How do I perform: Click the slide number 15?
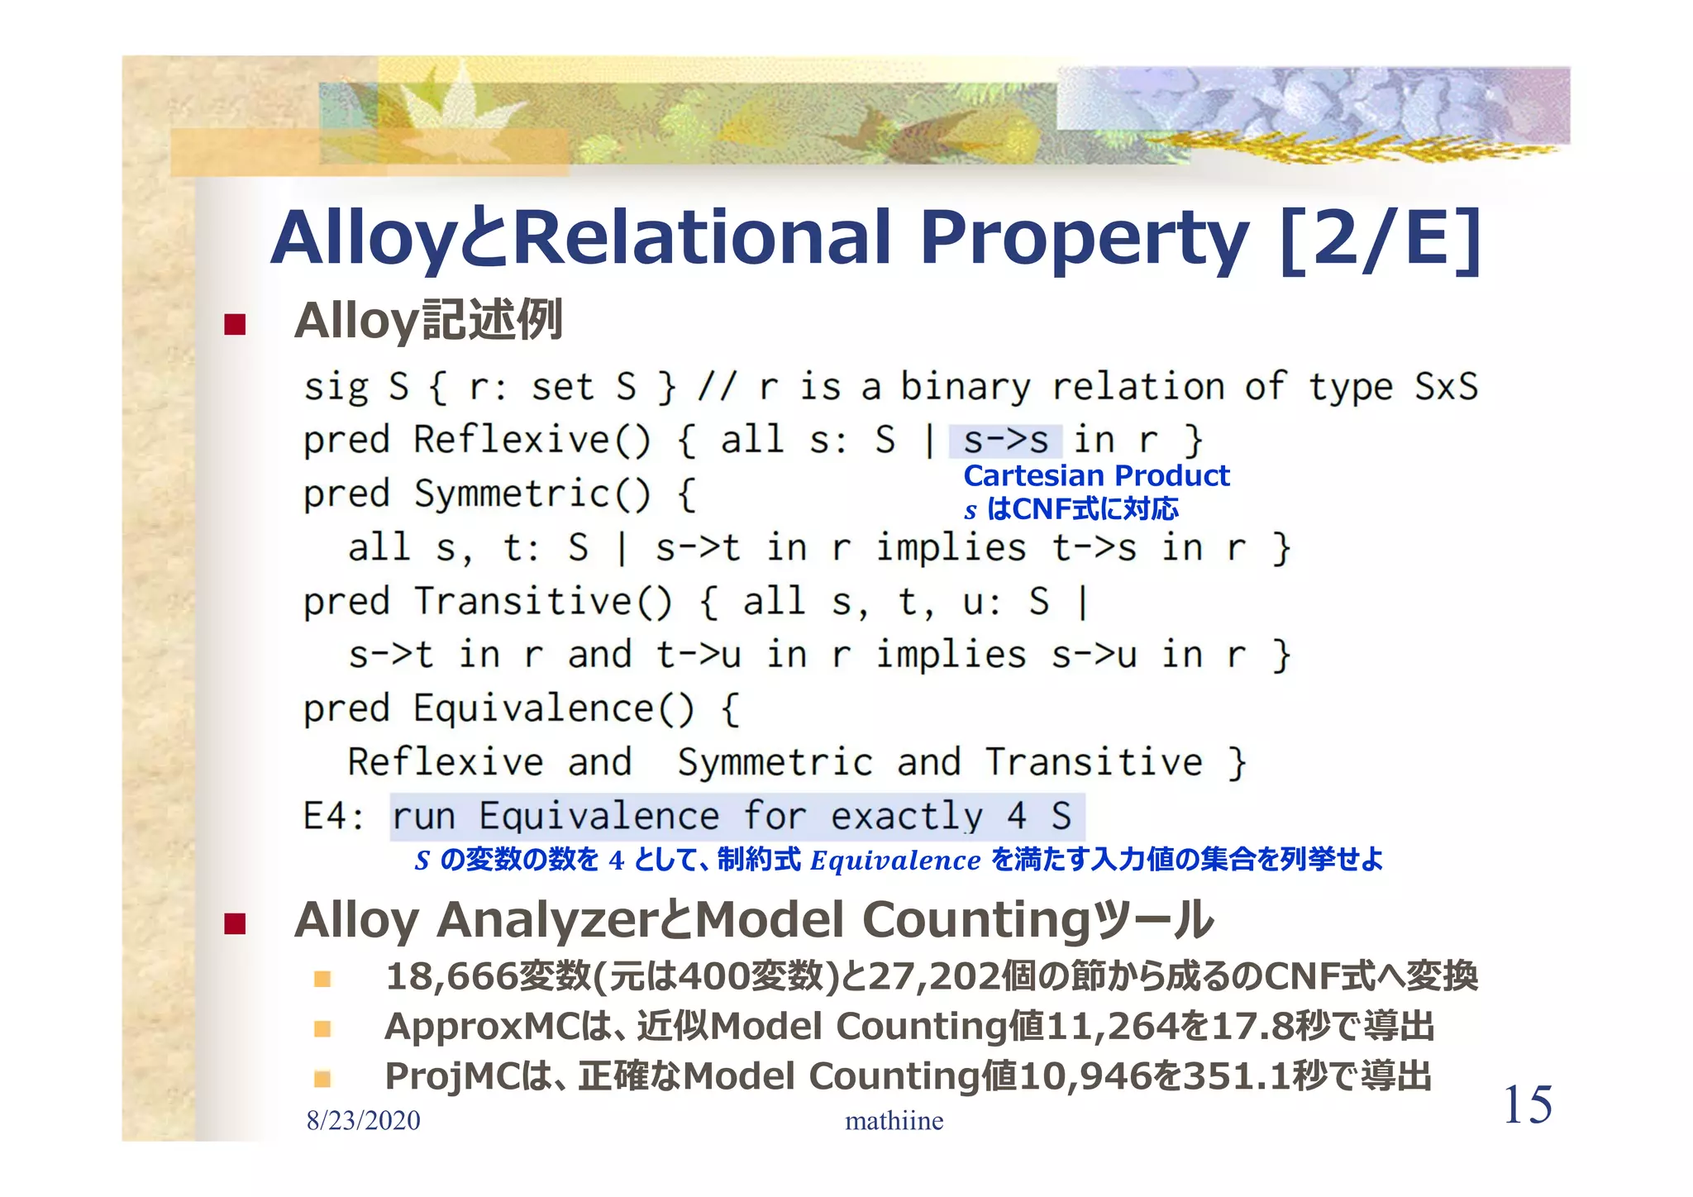click(1527, 1104)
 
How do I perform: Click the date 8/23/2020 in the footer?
click(363, 1120)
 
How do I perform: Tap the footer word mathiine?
click(894, 1120)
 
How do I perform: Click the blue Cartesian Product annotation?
click(1096, 475)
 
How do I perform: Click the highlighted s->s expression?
click(1005, 441)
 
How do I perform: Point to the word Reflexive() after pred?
click(532, 439)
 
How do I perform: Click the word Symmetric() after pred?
click(532, 494)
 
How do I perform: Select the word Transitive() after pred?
click(542, 601)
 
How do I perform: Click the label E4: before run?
click(333, 816)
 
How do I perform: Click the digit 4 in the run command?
click(1016, 816)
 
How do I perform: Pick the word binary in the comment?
click(965, 386)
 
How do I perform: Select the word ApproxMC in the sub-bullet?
click(483, 1027)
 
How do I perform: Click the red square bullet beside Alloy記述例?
click(235, 323)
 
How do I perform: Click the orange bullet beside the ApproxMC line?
click(322, 1028)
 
